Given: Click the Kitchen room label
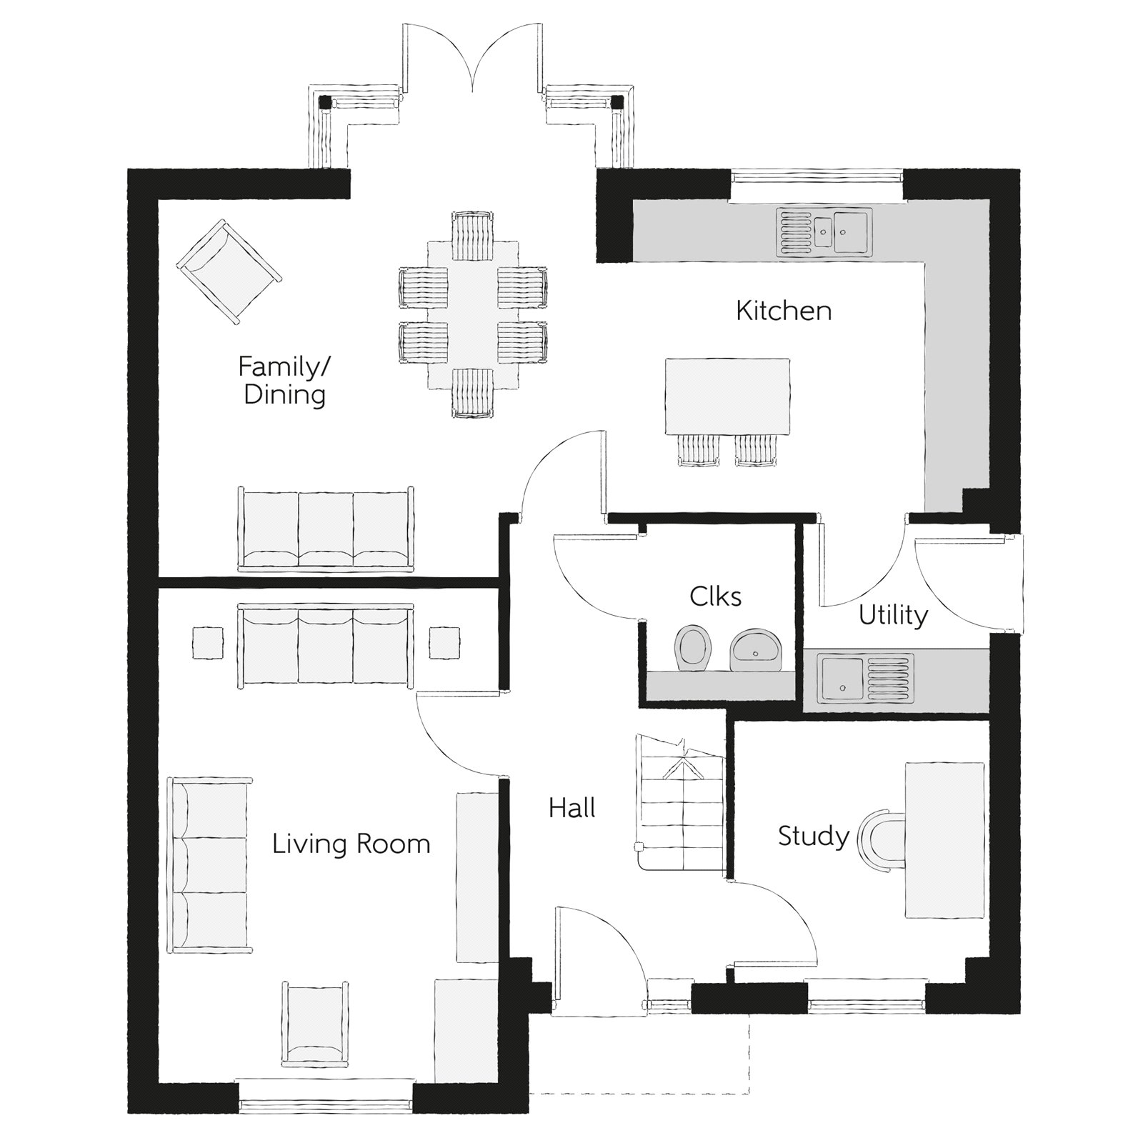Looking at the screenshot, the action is [784, 311].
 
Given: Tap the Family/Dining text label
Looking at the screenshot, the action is [284, 381].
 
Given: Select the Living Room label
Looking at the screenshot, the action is [351, 844].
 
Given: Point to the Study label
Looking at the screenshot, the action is [813, 836].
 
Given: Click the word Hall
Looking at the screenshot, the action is [572, 808].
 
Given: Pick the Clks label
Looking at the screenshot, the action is [715, 596].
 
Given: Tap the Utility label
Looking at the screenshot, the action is [893, 615].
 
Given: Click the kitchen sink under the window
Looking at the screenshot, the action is [825, 231].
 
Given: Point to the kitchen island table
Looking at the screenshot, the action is [727, 396].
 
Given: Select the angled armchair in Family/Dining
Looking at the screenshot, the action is [229, 271].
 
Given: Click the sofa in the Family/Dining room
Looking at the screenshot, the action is [326, 529].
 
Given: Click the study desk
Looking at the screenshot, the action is [945, 840].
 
